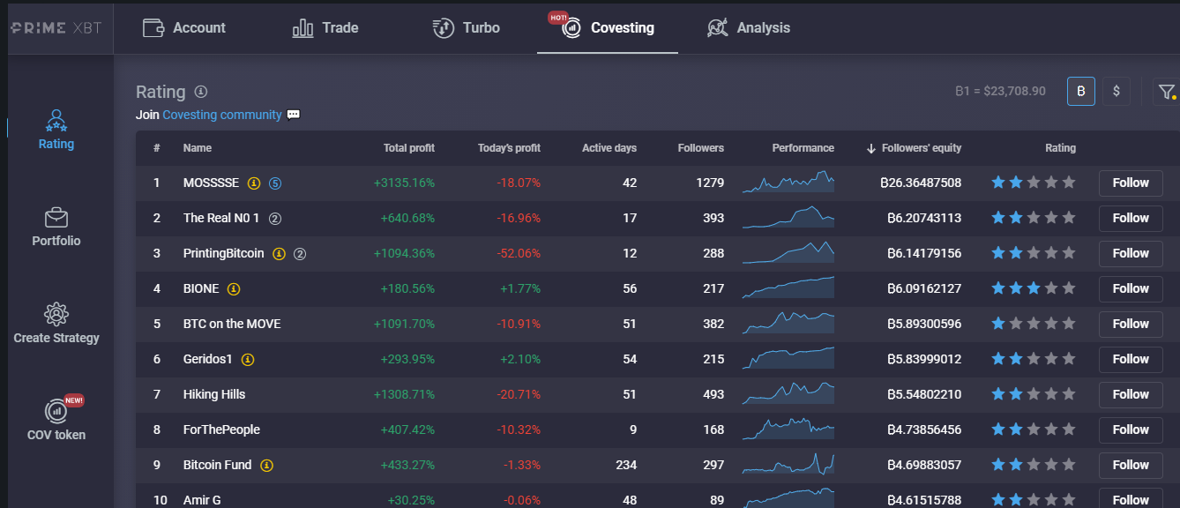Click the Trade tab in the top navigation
(x=325, y=28)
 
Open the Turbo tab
(x=466, y=28)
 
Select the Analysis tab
(x=748, y=28)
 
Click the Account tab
(x=183, y=28)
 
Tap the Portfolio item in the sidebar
(x=56, y=228)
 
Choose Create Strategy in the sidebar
(x=56, y=324)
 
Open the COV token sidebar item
(x=56, y=419)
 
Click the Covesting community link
(x=221, y=115)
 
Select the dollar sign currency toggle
(x=1117, y=91)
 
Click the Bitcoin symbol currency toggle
(x=1081, y=91)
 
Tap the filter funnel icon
(x=1166, y=92)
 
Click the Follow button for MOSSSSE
(x=1131, y=183)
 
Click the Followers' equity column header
(x=914, y=148)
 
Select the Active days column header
(x=609, y=148)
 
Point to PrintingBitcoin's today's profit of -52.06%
(x=519, y=253)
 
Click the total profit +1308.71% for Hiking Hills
(x=404, y=394)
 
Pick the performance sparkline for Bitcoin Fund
(x=788, y=464)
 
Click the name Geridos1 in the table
(x=207, y=360)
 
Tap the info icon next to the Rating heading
(x=201, y=92)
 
